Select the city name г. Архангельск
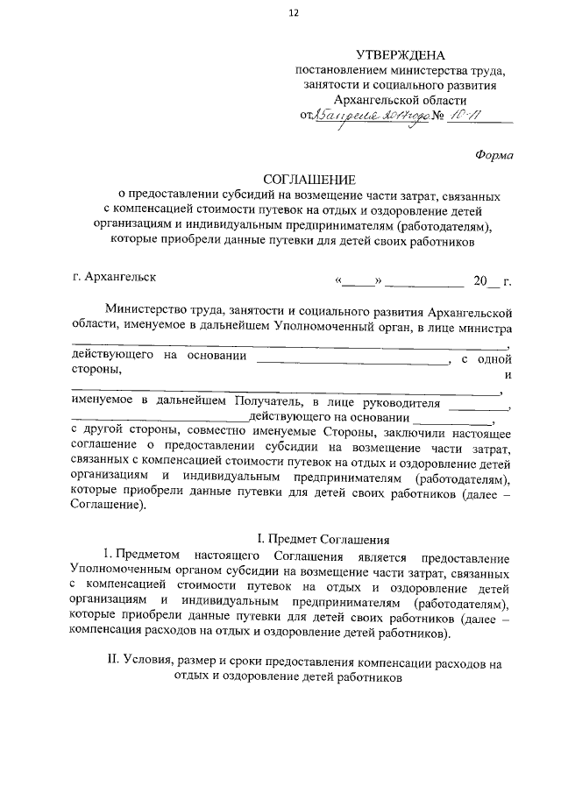click(x=115, y=277)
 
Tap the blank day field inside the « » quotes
click(x=357, y=282)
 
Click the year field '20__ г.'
click(x=491, y=281)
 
